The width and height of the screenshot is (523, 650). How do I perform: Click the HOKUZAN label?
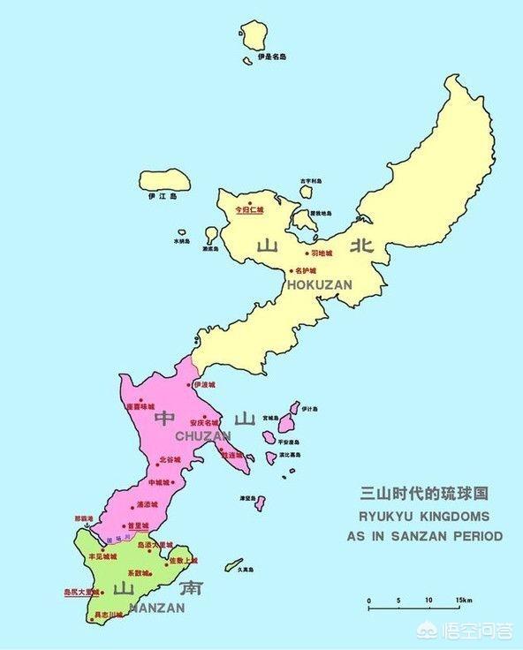(319, 284)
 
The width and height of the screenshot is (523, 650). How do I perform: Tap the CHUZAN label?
(203, 436)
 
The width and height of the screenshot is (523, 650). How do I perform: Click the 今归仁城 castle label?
(249, 210)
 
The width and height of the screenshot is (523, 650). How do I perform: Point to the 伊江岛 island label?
(163, 195)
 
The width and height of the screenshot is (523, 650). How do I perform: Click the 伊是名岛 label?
(272, 57)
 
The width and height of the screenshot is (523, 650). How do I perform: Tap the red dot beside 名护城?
(292, 270)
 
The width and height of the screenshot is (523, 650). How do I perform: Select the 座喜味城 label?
(140, 407)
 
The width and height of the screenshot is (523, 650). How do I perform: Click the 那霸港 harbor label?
(83, 520)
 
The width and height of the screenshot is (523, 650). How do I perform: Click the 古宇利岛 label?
(311, 183)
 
